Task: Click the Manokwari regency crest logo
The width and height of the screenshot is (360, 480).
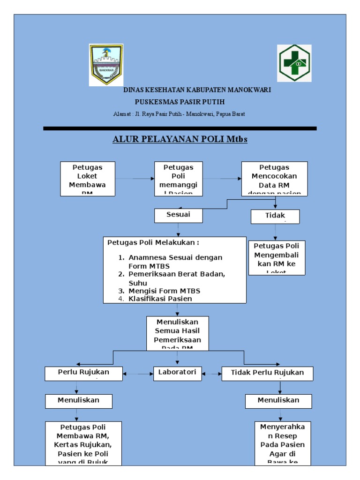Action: click(106, 65)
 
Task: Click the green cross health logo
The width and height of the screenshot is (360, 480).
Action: click(294, 63)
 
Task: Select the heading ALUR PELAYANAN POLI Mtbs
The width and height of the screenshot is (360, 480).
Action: click(180, 139)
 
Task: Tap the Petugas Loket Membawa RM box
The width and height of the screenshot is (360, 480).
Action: click(88, 179)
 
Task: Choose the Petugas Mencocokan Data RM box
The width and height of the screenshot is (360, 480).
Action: click(274, 179)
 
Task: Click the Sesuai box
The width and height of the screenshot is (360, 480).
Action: click(178, 216)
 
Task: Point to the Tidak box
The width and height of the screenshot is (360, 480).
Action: click(275, 217)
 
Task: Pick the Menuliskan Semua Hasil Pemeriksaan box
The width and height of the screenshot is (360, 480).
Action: click(177, 333)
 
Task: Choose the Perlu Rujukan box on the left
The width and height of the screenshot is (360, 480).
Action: click(84, 373)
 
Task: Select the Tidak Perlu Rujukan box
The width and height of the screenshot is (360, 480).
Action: click(267, 374)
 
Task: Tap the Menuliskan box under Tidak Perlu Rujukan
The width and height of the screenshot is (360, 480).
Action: click(278, 401)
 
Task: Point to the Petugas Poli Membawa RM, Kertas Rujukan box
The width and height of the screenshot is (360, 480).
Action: click(83, 443)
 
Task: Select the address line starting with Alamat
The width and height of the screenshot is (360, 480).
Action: click(179, 114)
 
